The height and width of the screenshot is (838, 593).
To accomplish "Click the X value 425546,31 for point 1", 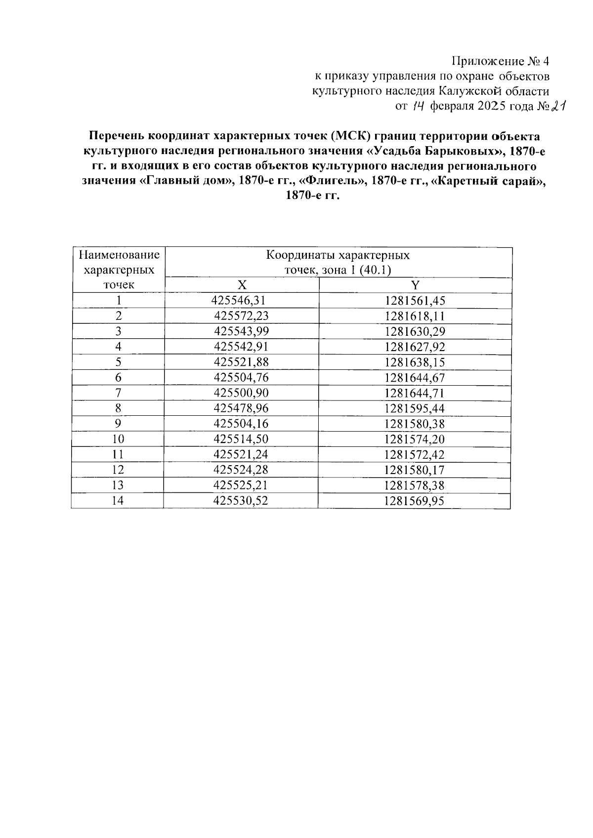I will click(x=239, y=300).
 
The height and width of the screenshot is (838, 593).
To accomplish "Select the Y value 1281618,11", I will click(x=415, y=316).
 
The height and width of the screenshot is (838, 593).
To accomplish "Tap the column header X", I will click(x=241, y=285).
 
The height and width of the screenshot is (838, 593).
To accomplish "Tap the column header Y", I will click(x=415, y=285).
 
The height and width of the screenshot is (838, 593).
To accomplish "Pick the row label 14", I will click(x=118, y=501).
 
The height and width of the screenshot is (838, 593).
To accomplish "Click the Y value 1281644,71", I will click(x=415, y=393).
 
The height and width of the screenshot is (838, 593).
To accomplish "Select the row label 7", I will click(x=118, y=393).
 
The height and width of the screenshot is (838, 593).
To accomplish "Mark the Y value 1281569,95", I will click(x=414, y=501).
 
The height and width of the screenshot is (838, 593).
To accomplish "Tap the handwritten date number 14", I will click(x=419, y=106).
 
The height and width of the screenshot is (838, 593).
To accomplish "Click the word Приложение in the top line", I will click(x=480, y=62).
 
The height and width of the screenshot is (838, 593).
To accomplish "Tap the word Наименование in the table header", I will click(x=119, y=255).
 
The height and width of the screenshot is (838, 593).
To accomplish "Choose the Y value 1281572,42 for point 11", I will click(x=414, y=454).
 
